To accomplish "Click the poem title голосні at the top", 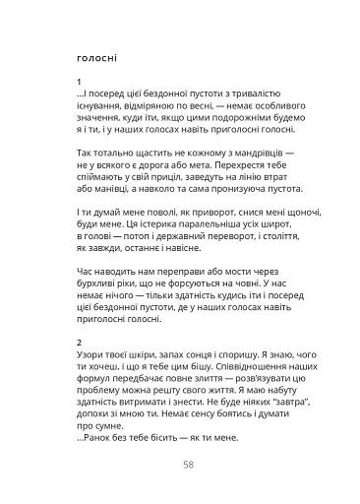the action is coord(94,57).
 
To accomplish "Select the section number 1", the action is coord(77,82).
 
